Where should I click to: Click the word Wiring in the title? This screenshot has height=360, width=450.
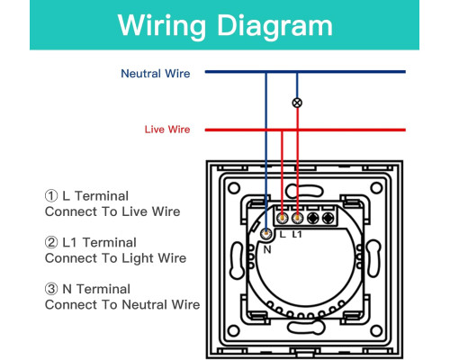coord(162,26)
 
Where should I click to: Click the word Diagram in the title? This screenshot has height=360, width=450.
coord(274,26)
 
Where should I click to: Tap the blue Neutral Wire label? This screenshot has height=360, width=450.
coord(156,74)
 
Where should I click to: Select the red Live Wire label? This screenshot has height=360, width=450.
coord(167,130)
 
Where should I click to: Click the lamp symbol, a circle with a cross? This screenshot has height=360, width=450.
coord(297,103)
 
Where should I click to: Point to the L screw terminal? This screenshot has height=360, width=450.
coord(282,218)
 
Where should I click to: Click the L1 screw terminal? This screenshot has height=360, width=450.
coord(297,218)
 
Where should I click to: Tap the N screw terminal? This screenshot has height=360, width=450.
coord(265,233)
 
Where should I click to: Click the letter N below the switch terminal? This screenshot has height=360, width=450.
coord(267,249)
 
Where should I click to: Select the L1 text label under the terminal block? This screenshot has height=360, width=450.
coord(297,234)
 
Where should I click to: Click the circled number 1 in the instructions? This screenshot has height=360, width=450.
coord(51,196)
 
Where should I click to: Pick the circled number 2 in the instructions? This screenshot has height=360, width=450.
coord(51,242)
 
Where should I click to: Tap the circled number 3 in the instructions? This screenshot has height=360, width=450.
coord(51,289)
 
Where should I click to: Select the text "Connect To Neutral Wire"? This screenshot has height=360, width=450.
coord(122,305)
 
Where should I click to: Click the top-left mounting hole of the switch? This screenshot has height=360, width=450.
coord(234,188)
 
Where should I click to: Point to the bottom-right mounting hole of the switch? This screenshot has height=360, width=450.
coord(376,331)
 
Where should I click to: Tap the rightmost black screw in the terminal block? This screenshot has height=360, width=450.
coord(328,218)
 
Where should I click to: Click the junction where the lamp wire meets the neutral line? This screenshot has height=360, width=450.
coord(297,72)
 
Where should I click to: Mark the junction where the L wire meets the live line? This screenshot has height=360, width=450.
coord(282,130)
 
